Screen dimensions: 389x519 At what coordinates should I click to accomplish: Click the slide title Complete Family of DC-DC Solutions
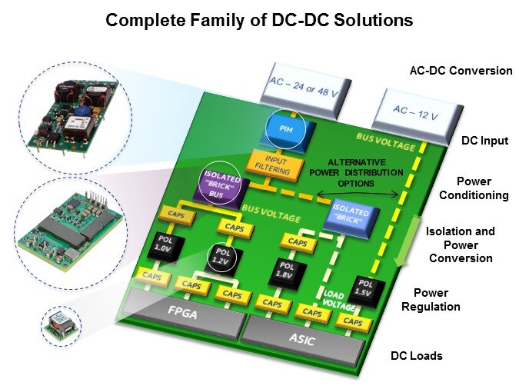[259, 20]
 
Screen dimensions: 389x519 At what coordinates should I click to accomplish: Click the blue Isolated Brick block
[351, 214]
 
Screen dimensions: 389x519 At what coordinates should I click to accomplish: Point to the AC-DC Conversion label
[461, 71]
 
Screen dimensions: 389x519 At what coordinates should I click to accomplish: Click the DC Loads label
[416, 356]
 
